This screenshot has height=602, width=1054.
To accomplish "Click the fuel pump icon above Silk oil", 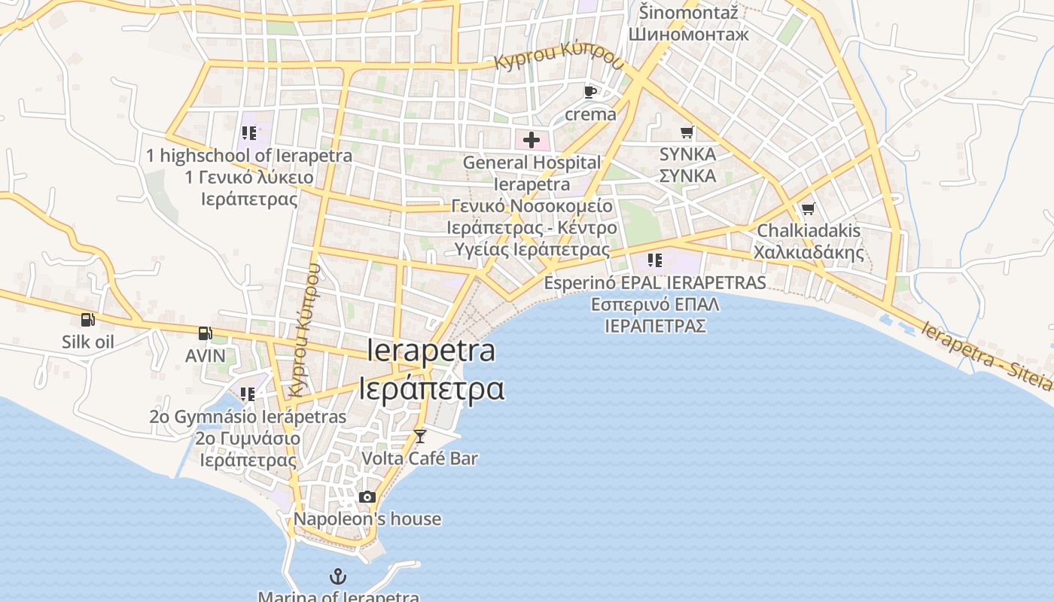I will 88,320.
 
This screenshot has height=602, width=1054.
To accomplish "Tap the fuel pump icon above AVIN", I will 205,333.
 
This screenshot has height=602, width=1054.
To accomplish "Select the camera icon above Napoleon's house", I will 367,497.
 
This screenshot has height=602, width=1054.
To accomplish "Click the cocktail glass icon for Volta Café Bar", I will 419,436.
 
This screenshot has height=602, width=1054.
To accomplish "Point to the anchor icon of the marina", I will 339,577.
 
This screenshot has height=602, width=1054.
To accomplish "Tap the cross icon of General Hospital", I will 532,139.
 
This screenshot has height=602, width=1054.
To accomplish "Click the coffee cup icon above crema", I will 590,93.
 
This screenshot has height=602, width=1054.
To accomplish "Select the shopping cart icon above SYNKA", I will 687,132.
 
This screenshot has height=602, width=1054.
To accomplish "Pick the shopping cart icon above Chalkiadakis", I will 808,208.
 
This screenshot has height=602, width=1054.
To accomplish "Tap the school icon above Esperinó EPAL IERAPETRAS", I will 655,260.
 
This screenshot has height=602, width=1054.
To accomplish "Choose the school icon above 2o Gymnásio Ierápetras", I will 248,394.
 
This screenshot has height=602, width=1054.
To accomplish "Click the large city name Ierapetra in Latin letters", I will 431,351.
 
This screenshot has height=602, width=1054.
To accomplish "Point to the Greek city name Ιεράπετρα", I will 431,389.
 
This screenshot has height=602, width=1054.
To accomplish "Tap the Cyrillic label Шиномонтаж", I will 688,35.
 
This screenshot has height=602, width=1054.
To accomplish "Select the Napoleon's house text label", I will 367,519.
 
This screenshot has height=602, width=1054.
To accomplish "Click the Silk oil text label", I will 88,342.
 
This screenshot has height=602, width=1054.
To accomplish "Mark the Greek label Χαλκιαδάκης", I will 809,252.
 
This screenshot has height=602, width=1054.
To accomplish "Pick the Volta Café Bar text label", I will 419,458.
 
